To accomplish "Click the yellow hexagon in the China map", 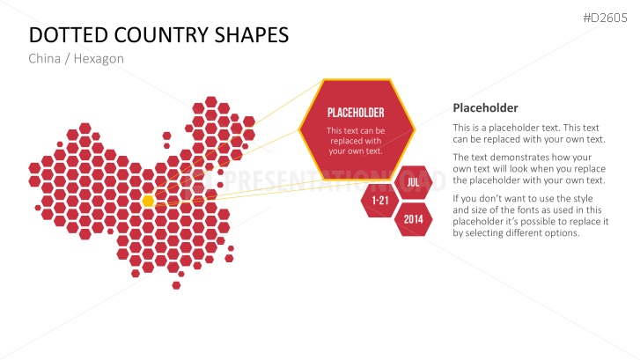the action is pyautogui.click(x=148, y=201).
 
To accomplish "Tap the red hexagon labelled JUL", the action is pyautogui.click(x=414, y=182).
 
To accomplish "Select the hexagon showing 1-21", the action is pyautogui.click(x=380, y=201).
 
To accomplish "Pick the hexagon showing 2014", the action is pyautogui.click(x=414, y=219).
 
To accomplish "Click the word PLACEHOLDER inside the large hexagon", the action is pyautogui.click(x=356, y=113).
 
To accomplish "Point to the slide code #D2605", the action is pyautogui.click(x=605, y=18).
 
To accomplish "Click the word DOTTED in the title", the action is pyautogui.click(x=69, y=35).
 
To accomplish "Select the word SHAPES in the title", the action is pyautogui.click(x=252, y=35).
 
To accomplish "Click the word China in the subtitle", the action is pyautogui.click(x=45, y=59).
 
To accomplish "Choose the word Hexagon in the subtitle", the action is pyautogui.click(x=99, y=59).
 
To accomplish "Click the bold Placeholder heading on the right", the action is pyautogui.click(x=485, y=107).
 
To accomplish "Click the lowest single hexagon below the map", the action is pyautogui.click(x=176, y=285).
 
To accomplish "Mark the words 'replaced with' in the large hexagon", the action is pyautogui.click(x=356, y=141).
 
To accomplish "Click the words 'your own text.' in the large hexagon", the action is pyautogui.click(x=356, y=151).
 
